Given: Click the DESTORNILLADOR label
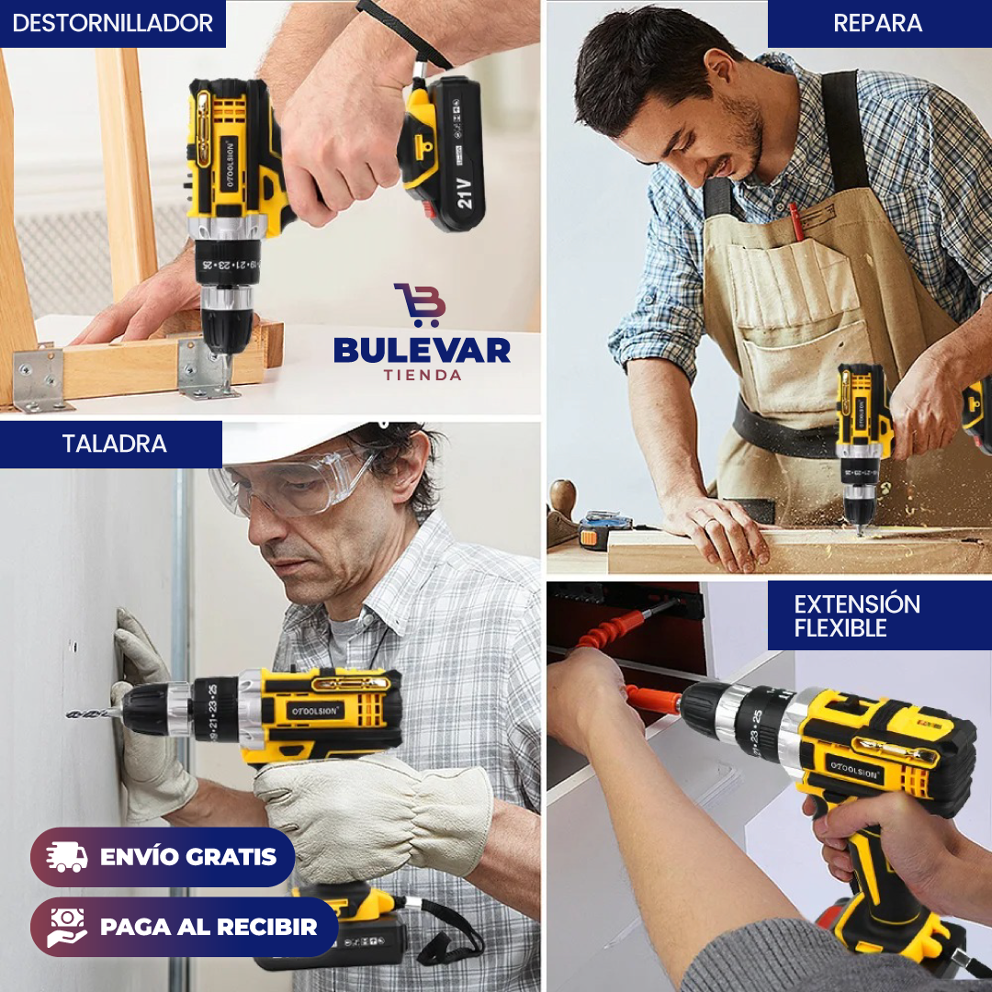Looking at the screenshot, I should pyautogui.click(x=112, y=23).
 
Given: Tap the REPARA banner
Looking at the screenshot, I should pyautogui.click(x=878, y=23).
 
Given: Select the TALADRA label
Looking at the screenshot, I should pyautogui.click(x=114, y=444).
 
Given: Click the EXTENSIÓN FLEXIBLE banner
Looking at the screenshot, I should pyautogui.click(x=857, y=615).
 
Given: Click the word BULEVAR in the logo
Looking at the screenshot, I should pyautogui.click(x=422, y=349).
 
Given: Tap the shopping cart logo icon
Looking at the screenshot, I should pyautogui.click(x=421, y=304).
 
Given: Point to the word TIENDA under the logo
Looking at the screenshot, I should pyautogui.click(x=423, y=375).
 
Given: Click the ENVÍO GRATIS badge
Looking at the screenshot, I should pyautogui.click(x=163, y=857).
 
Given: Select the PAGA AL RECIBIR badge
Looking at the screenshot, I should pyautogui.click(x=184, y=927).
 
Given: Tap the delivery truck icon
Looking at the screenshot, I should pyautogui.click(x=68, y=857).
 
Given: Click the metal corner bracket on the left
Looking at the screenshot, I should pyautogui.click(x=40, y=378).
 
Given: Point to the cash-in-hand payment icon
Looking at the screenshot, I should pyautogui.click(x=68, y=927).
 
